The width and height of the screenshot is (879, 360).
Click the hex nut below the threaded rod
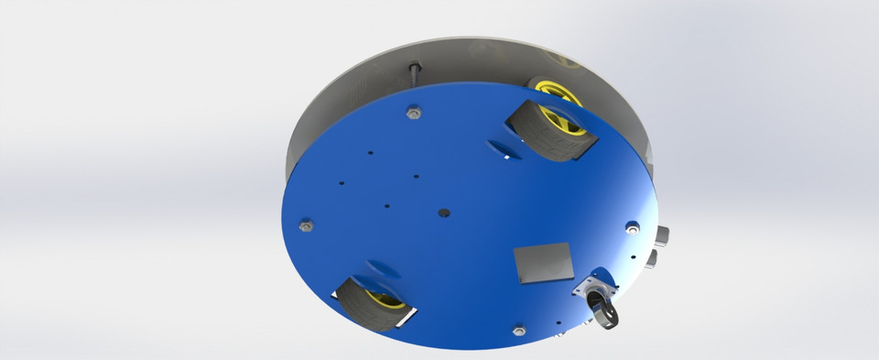[413, 113]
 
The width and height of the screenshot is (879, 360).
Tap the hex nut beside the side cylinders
[631, 226]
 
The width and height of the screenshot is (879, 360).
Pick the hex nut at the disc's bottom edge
[519, 328]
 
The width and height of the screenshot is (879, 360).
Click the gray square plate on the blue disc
[544, 264]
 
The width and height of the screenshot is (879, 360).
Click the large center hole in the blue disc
[445, 213]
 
